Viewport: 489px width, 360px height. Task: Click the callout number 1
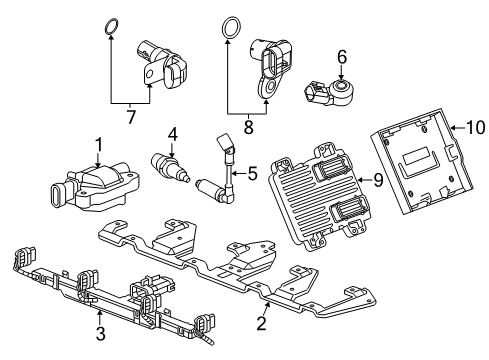click(x=99, y=145)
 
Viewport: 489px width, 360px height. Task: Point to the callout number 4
click(x=173, y=133)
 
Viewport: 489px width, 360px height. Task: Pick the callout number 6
click(x=342, y=57)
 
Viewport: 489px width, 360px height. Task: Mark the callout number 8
click(x=249, y=128)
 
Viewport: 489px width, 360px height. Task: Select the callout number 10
click(x=475, y=127)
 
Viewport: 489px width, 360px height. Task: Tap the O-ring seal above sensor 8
click(x=230, y=27)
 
